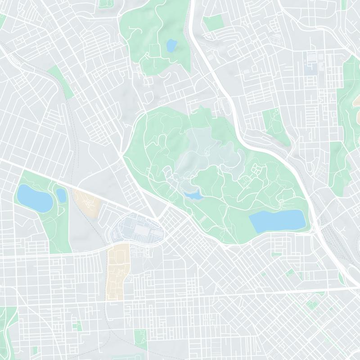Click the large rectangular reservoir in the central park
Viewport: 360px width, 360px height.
point(277,220)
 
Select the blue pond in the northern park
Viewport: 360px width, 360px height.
point(171,45)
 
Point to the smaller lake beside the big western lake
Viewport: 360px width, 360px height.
point(61,195)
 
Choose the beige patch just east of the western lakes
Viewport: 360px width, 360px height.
point(88,202)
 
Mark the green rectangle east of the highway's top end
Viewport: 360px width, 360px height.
point(214,23)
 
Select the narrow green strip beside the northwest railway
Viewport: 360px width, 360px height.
point(61,81)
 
